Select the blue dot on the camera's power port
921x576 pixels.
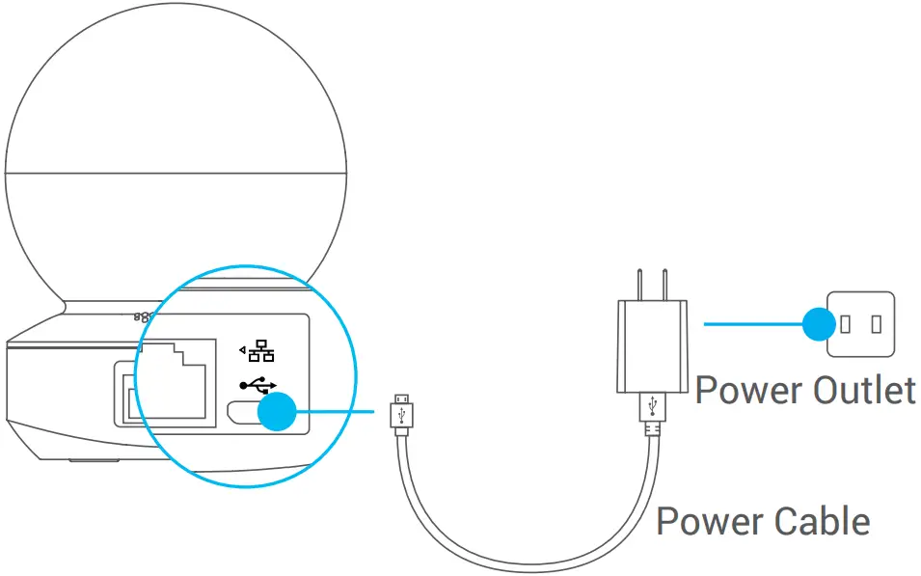coord(278,413)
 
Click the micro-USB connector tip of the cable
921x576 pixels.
coord(400,399)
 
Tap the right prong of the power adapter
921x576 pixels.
coord(665,286)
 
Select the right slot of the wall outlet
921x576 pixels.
coord(878,324)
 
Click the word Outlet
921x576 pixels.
coord(863,391)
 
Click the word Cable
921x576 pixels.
coord(821,522)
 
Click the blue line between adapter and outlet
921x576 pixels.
coord(752,324)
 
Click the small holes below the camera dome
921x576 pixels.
coord(141,315)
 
